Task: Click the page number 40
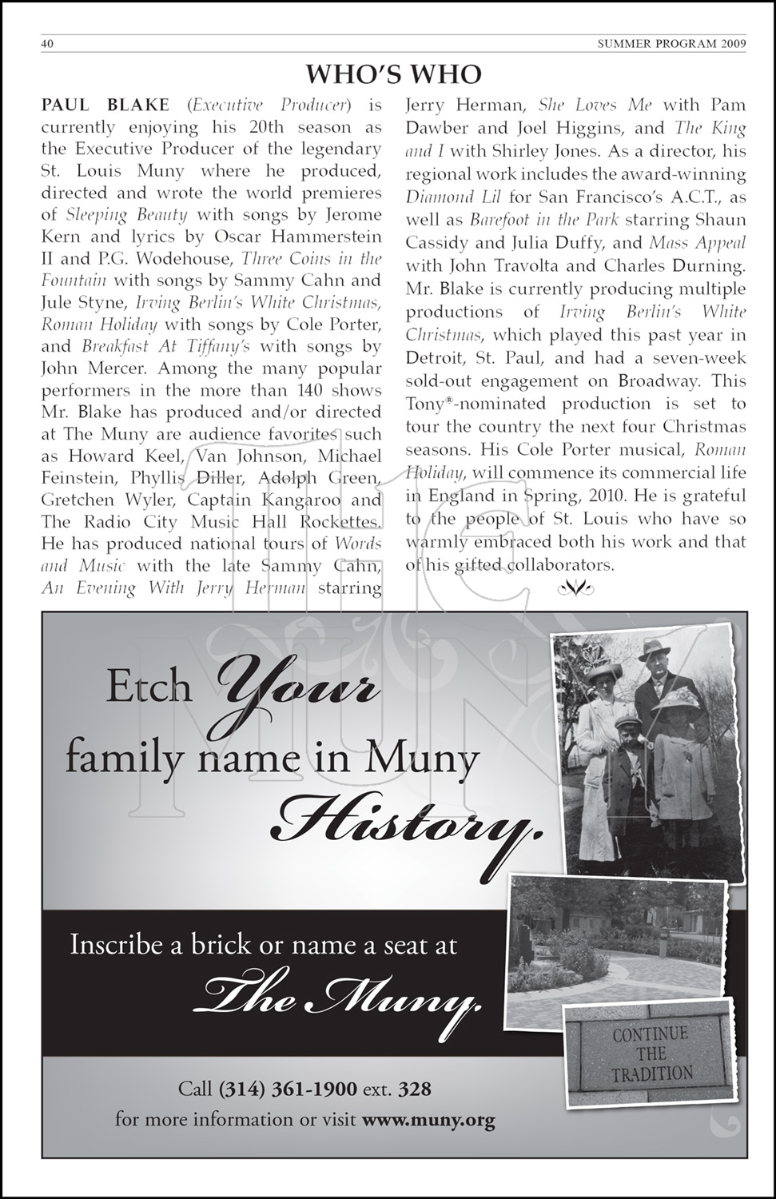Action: point(46,45)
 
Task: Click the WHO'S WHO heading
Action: point(394,74)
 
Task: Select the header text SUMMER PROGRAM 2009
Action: point(671,45)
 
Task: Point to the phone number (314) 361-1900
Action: point(290,1089)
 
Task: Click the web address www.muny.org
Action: point(428,1119)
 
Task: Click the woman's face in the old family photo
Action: point(599,683)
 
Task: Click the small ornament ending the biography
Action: point(575,589)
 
